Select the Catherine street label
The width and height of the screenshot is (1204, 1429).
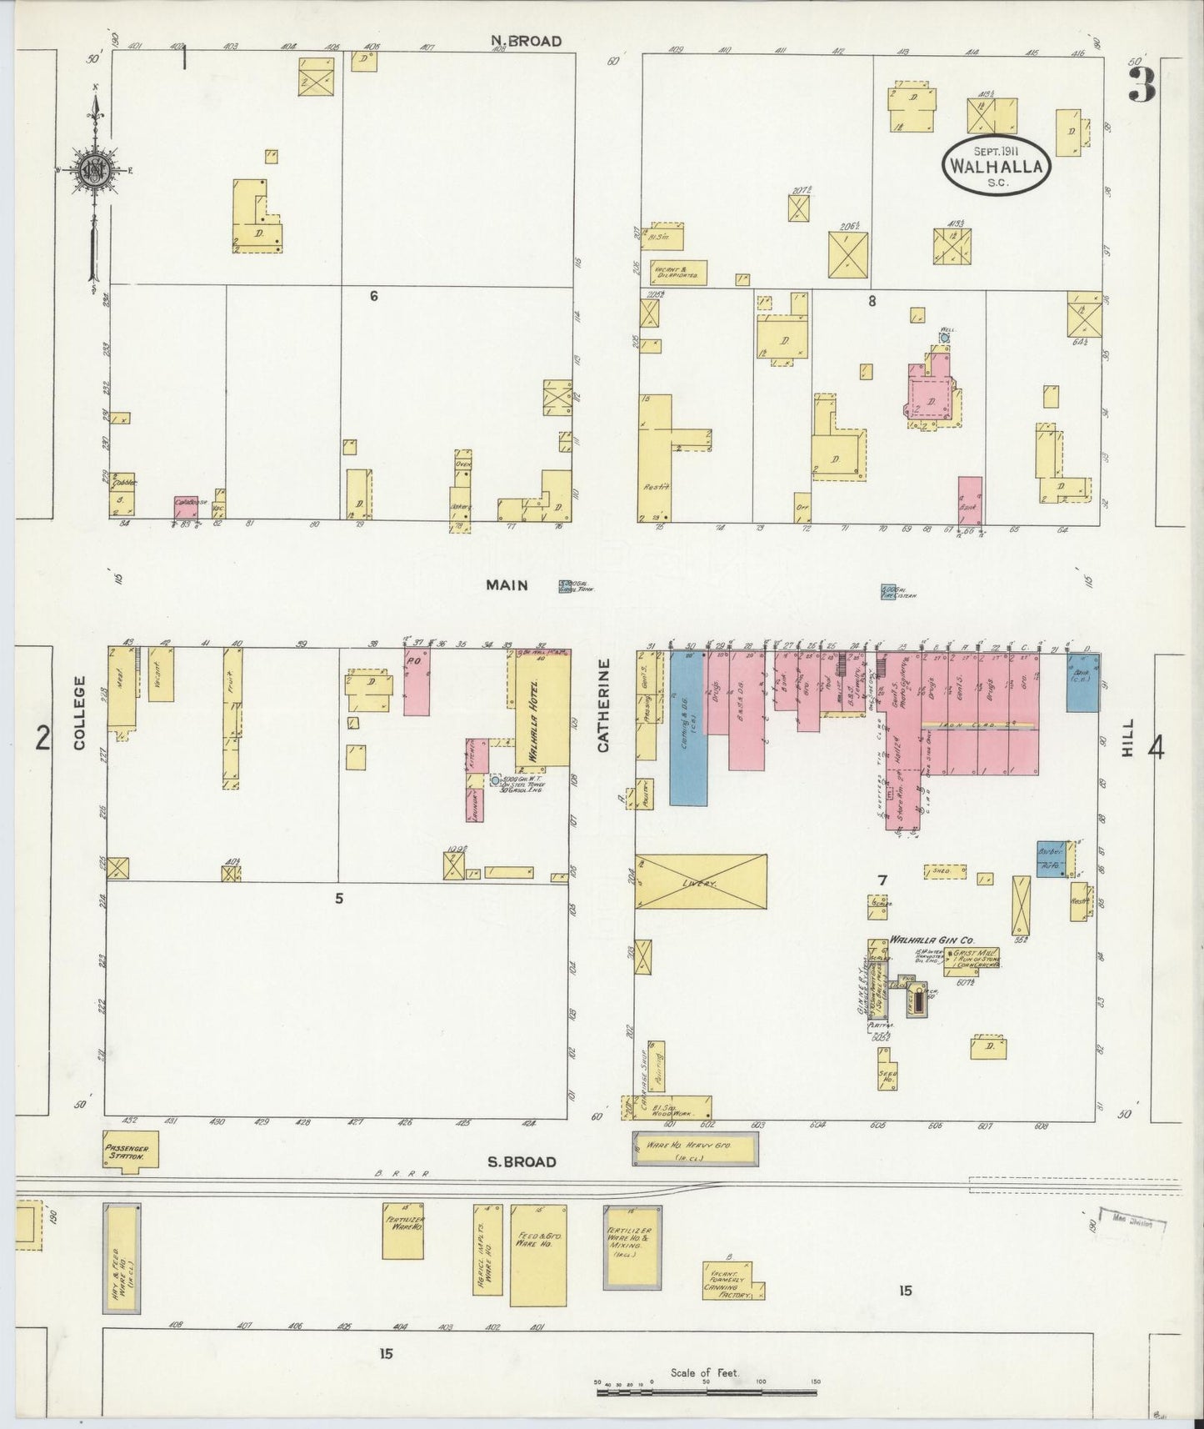pyautogui.click(x=603, y=704)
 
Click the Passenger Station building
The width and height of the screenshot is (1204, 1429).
pyautogui.click(x=130, y=1151)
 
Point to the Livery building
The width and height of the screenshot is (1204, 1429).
pyautogui.click(x=701, y=881)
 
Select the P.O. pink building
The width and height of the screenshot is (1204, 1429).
pyautogui.click(x=417, y=682)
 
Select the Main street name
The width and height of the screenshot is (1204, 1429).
pyautogui.click(x=507, y=585)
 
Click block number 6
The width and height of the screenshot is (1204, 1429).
pyautogui.click(x=374, y=295)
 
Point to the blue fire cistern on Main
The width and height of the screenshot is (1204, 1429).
pyautogui.click(x=889, y=592)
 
